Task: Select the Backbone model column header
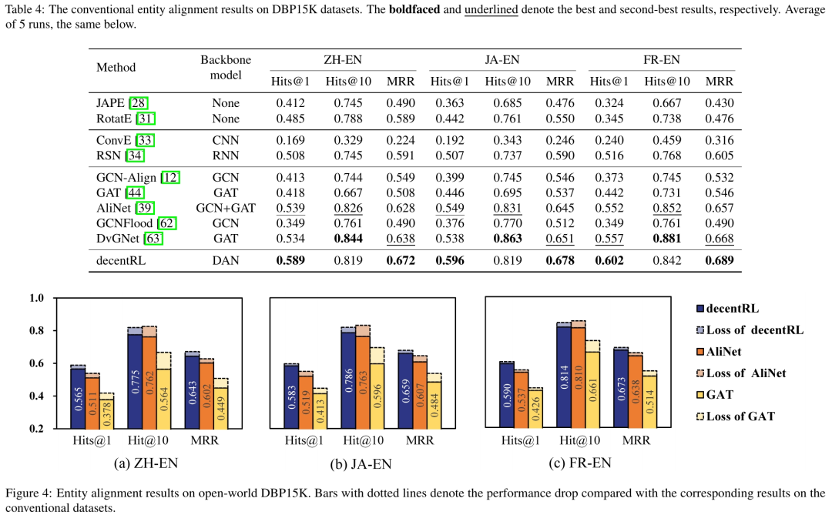(x=226, y=68)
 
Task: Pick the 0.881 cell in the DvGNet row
(x=666, y=239)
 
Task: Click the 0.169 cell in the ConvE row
(x=291, y=140)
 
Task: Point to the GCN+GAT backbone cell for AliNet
(x=226, y=208)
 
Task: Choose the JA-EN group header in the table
(x=502, y=59)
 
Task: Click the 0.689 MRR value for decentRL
(x=720, y=260)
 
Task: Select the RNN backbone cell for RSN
(x=226, y=156)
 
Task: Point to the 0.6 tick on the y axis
(x=37, y=363)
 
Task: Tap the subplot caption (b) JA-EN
(x=360, y=463)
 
